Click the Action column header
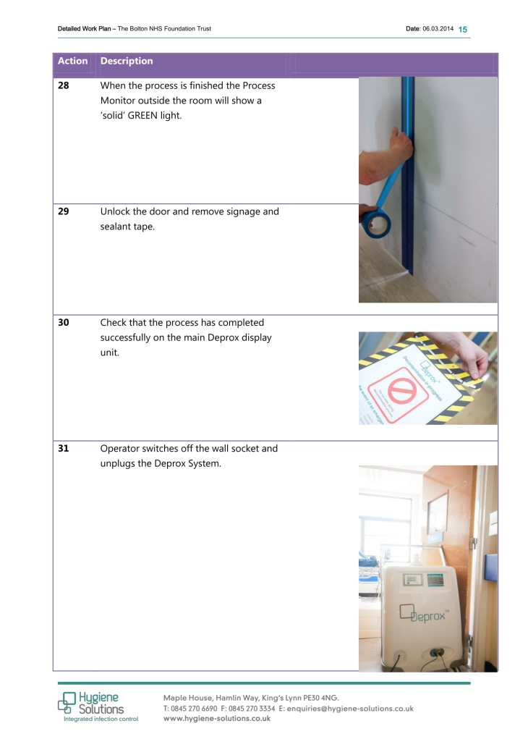pos(72,62)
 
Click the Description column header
pos(127,62)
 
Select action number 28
pos(64,86)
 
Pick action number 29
pos(64,212)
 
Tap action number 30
pos(64,323)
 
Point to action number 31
pos(64,449)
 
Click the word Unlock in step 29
pos(116,212)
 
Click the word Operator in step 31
pos(121,449)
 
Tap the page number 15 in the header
pos(463,29)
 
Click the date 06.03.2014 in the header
pos(437,29)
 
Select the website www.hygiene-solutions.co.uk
pos(217,719)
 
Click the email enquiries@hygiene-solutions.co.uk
pos(350,709)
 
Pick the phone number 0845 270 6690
pos(191,709)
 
